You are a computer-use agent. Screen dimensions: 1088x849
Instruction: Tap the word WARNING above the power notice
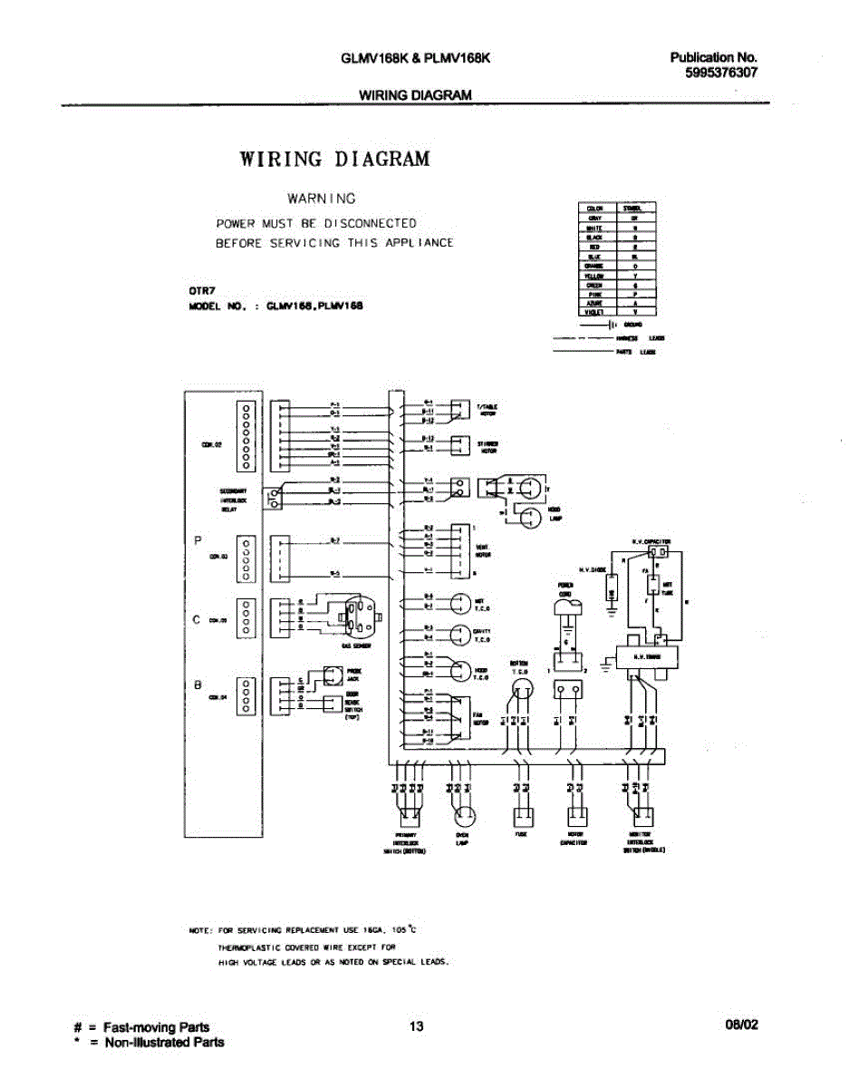(x=322, y=198)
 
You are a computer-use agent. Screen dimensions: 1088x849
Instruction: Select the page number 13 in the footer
(x=416, y=1026)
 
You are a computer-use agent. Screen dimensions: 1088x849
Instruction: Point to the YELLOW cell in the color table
(x=595, y=275)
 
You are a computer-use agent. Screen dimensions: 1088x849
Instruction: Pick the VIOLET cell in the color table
(x=595, y=311)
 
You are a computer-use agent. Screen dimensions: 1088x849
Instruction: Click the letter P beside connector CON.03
(x=198, y=540)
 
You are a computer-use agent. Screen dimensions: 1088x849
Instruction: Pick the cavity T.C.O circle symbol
(x=460, y=633)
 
